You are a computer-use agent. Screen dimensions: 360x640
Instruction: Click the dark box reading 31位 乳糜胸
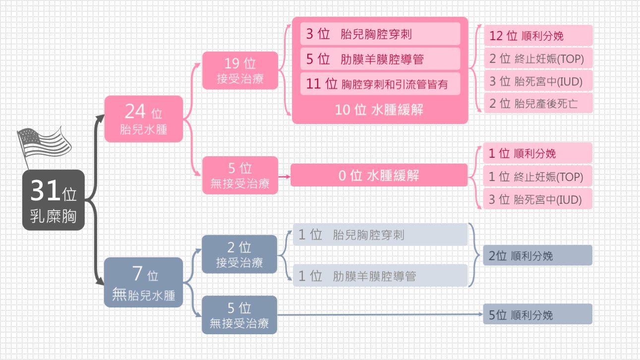click(x=54, y=200)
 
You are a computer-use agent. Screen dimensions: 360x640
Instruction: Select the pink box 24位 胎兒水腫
click(x=143, y=119)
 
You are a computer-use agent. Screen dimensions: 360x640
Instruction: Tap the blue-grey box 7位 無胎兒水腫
click(x=143, y=282)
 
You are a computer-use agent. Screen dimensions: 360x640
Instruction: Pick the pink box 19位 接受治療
click(x=240, y=70)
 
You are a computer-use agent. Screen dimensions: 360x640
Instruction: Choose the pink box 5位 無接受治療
click(x=240, y=175)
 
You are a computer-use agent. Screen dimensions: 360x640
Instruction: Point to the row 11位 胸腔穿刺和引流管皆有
click(x=380, y=84)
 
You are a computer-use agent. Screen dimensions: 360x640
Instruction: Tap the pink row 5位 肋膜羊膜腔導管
click(x=380, y=59)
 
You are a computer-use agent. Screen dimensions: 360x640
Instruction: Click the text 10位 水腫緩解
click(x=380, y=110)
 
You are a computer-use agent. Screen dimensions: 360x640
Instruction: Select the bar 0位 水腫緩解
click(x=379, y=175)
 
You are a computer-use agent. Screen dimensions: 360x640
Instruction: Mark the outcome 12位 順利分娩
click(x=538, y=36)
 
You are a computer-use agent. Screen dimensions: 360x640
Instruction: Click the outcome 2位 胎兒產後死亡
click(x=538, y=104)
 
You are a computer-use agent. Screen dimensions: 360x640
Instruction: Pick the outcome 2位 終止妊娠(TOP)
click(x=538, y=59)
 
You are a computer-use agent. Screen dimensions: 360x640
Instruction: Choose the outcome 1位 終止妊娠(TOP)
click(x=538, y=176)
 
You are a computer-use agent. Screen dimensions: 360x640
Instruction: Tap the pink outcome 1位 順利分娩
click(x=538, y=153)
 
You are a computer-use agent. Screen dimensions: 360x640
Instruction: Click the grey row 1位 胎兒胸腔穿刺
click(x=380, y=235)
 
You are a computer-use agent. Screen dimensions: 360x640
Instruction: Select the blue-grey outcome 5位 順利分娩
click(x=537, y=314)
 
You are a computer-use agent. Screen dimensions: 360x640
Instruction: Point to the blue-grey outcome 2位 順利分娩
click(x=537, y=256)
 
